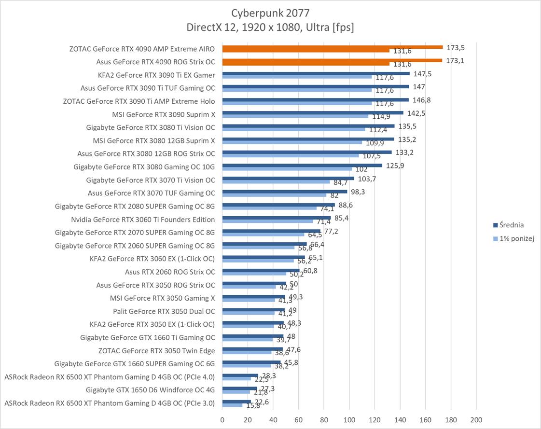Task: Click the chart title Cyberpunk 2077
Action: click(270, 12)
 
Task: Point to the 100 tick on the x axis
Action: click(349, 419)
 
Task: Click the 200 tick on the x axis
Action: click(476, 419)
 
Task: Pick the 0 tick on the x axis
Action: click(222, 419)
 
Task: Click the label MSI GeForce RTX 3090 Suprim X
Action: click(164, 114)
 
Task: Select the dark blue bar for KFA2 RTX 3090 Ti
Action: click(316, 73)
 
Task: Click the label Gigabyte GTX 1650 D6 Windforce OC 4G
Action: click(151, 389)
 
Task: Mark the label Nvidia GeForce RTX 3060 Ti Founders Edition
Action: click(143, 219)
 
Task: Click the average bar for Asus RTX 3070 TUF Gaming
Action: click(285, 191)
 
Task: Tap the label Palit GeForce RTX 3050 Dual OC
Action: click(164, 311)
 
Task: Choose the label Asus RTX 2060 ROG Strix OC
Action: click(170, 272)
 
